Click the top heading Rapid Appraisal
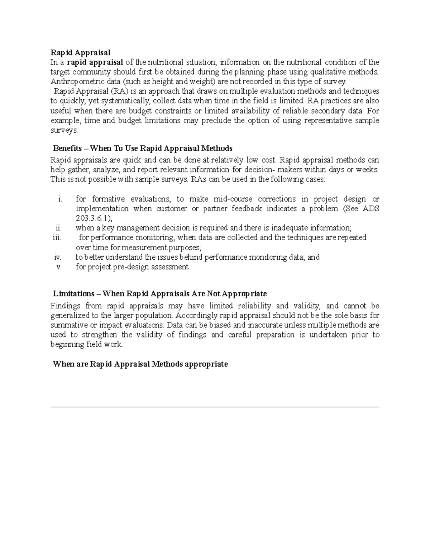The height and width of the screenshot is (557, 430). click(80, 53)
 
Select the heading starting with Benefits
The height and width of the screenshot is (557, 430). click(143, 148)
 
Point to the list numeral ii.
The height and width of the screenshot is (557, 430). click(59, 228)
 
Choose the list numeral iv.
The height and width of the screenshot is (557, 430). click(58, 257)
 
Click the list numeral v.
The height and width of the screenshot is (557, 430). click(59, 267)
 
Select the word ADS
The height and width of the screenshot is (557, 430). click(371, 209)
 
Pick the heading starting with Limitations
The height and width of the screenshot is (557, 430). click(160, 294)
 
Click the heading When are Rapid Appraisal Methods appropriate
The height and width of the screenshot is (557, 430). click(140, 364)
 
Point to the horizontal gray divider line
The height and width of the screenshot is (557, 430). click(215, 407)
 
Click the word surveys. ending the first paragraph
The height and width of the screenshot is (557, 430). click(64, 131)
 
